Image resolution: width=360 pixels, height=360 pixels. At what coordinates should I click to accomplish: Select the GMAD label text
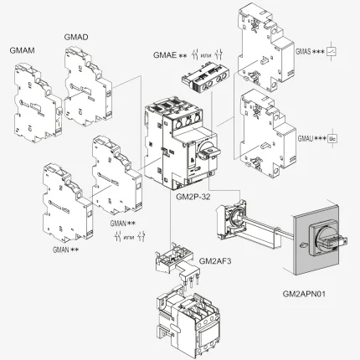(x=76, y=37)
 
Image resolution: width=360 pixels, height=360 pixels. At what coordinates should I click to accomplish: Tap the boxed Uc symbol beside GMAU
(x=332, y=135)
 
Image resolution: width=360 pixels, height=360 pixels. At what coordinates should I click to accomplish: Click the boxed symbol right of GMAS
(x=332, y=51)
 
